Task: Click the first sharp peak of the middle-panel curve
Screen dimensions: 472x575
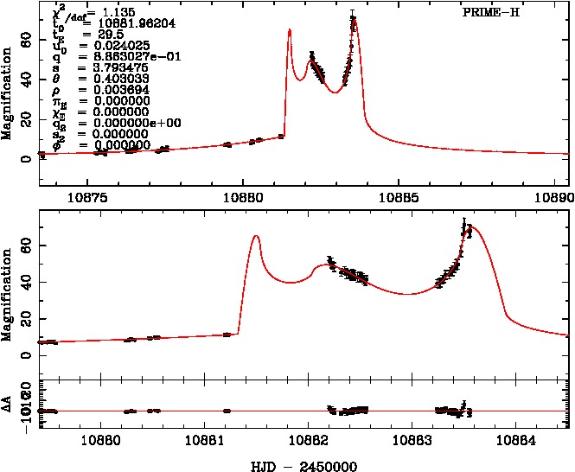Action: [255, 236]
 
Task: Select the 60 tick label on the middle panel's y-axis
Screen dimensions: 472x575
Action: [29, 246]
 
